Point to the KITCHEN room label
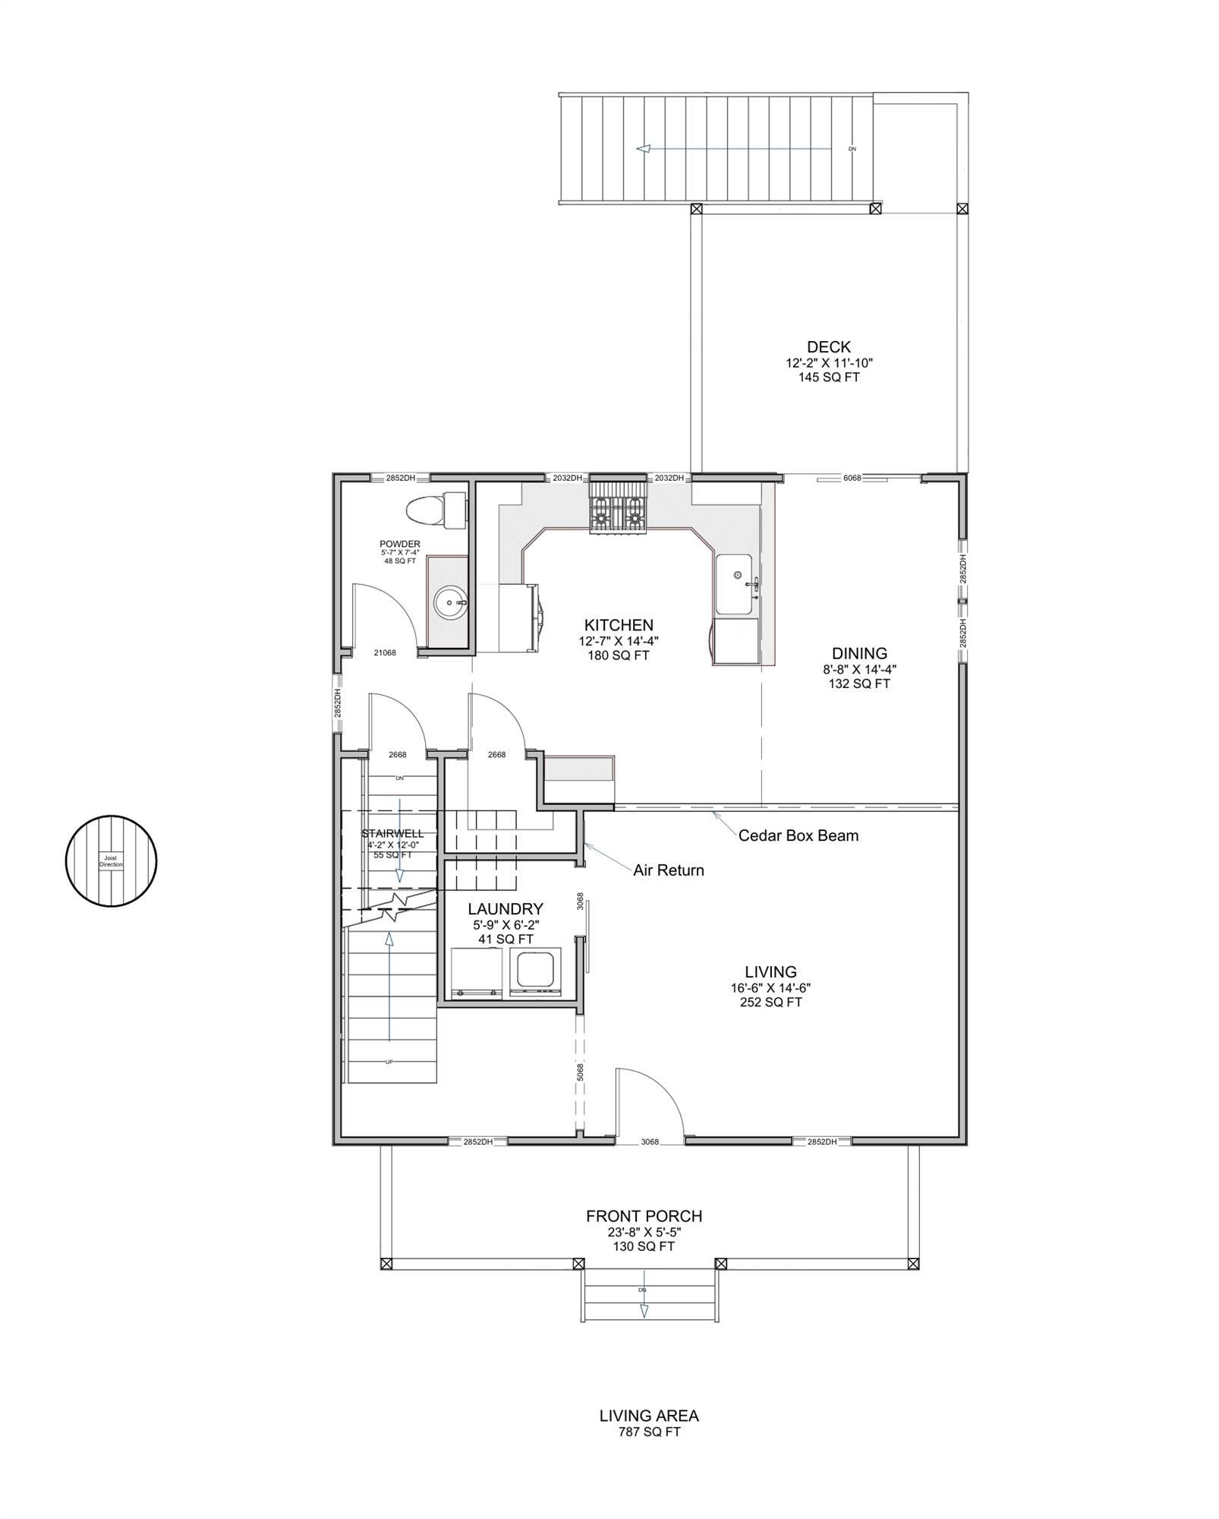coord(619,625)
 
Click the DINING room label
coord(859,653)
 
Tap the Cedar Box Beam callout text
coord(798,835)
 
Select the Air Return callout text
coord(669,870)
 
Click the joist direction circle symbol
coord(111,861)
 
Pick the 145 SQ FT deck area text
coord(829,377)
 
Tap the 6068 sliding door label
coord(852,478)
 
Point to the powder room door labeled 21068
coord(385,652)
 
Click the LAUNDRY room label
coord(505,909)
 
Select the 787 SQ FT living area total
coord(649,1432)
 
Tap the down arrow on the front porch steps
coord(644,1311)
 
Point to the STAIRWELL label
coord(392,834)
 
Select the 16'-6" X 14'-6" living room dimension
coord(770,988)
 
